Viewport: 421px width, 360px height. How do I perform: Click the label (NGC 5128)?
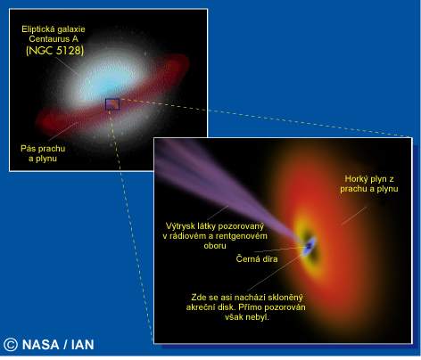[55, 50]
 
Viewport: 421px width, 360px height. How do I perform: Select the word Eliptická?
[37, 29]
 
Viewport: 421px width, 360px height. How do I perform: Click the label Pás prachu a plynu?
[43, 153]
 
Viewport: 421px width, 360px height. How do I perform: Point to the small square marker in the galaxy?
[112, 104]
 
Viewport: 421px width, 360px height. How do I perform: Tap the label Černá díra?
[257, 258]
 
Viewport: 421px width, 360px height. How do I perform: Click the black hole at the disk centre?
[310, 246]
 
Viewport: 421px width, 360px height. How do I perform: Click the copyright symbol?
[11, 345]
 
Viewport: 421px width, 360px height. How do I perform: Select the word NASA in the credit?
[40, 345]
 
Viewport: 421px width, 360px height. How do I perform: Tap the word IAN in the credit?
[83, 345]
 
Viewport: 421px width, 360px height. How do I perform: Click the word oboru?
[215, 246]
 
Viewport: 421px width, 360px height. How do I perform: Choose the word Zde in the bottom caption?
[198, 298]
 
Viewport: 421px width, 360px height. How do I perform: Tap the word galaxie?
[70, 29]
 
